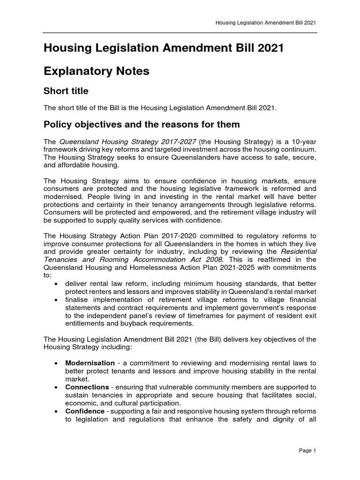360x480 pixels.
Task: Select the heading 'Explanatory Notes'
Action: point(96,71)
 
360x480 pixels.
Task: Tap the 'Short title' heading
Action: point(66,91)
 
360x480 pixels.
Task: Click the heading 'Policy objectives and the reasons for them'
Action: point(142,125)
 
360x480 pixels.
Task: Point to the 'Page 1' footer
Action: point(308,450)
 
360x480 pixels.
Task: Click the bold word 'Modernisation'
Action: point(90,363)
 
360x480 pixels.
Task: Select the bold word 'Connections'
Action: point(87,387)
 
